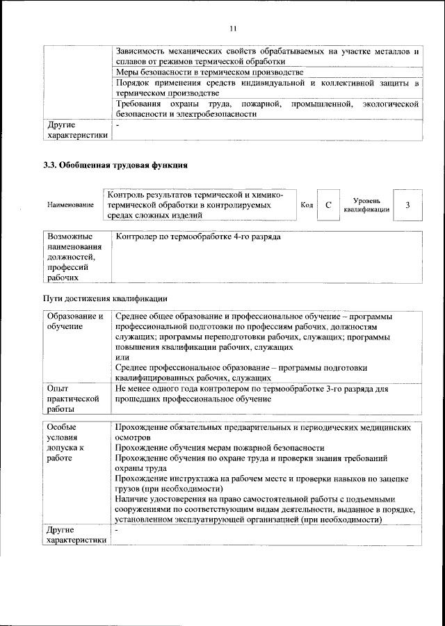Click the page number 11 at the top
[x=233, y=28]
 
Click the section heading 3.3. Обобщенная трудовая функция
[x=115, y=166]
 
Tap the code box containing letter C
[x=327, y=205]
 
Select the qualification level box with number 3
[x=407, y=205]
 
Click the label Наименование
[x=70, y=205]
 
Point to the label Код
[x=307, y=205]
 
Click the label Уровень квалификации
[x=366, y=204]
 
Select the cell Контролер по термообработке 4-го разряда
[x=199, y=237]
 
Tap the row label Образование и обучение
[x=75, y=321]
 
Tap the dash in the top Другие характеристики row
[x=118, y=125]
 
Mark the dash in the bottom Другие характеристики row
[x=118, y=530]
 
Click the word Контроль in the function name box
[x=125, y=195]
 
